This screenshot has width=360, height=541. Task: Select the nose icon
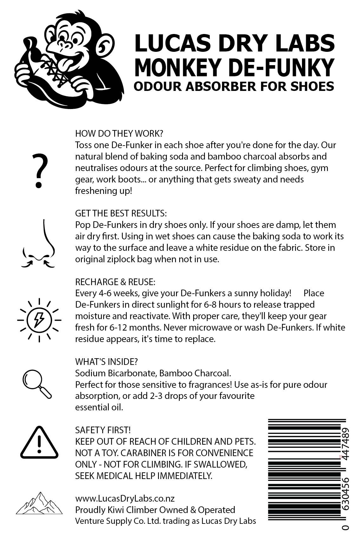coord(39,243)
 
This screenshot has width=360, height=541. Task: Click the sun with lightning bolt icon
coord(39,320)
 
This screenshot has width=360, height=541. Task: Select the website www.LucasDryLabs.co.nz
coord(125,498)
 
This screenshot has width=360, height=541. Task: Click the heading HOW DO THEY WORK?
coord(119,133)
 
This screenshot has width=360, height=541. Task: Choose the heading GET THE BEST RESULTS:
coord(121,213)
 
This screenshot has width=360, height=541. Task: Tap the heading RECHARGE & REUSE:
coord(115,282)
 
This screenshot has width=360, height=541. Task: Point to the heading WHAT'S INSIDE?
coord(107,362)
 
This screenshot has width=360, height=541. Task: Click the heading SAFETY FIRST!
coord(103,430)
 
